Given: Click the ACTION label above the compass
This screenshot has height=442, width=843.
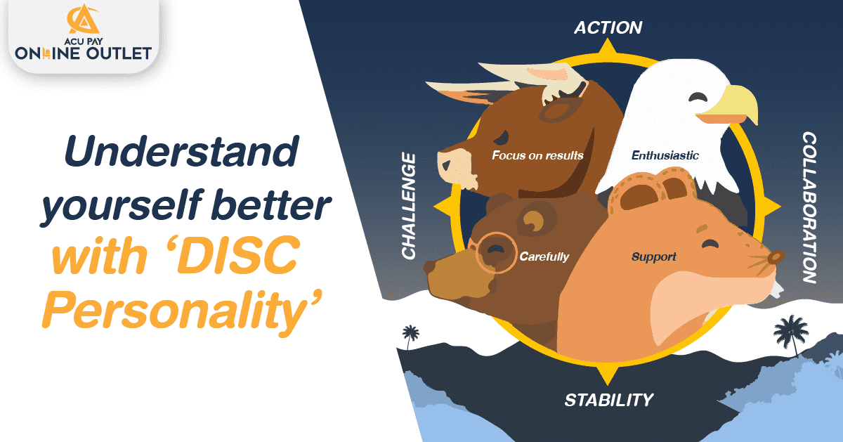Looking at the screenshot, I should [608, 27].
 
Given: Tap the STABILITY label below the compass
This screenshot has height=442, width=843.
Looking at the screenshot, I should [609, 400].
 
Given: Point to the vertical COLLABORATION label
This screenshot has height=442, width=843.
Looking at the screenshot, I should [809, 207].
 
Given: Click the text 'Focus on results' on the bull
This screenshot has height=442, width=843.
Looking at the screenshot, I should [537, 155].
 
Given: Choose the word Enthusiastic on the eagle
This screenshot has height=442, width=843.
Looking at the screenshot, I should [665, 155].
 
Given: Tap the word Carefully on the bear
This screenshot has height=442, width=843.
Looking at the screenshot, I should [544, 256].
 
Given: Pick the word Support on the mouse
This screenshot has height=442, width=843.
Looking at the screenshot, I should [653, 256].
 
